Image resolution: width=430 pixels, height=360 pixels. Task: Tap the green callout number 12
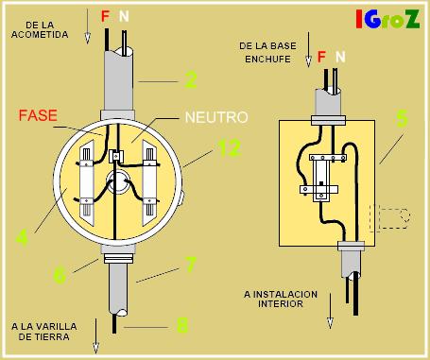228,148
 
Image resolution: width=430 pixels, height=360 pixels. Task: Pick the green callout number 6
60,275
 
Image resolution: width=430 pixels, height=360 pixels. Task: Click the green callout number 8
182,326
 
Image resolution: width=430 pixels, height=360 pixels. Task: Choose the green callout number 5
402,119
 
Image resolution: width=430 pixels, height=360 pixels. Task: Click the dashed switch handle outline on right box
391,219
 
